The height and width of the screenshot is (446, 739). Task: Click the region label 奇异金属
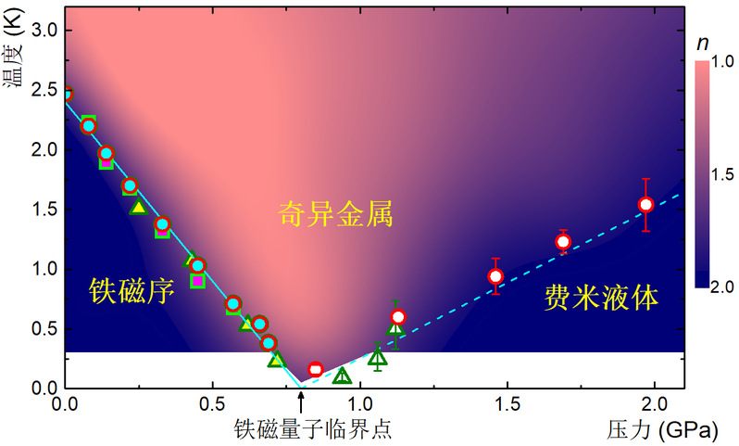coord(335,217)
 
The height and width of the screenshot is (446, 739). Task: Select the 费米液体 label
coord(601,297)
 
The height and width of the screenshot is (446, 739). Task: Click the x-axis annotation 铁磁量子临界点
coord(306,428)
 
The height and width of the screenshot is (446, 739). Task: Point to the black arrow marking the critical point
coord(300,400)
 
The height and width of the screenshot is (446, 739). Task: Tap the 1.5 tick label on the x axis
coord(507,406)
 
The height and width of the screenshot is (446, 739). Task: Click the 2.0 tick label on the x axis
coord(654,406)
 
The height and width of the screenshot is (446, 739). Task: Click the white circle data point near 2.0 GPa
coord(646,205)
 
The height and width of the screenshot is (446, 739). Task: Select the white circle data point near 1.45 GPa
coord(496,276)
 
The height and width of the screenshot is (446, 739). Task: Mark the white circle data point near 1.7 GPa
coord(563,242)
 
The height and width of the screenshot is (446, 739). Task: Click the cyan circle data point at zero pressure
coord(65,93)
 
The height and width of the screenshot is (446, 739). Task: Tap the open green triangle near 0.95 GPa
coord(342,376)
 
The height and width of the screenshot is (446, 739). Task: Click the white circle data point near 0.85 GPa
coord(315,370)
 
